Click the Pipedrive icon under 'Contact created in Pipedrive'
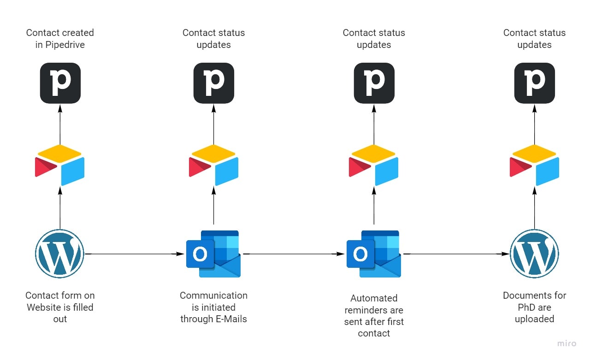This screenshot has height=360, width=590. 60,83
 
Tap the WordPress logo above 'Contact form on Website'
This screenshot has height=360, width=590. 59,254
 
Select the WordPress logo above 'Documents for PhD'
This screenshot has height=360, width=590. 534,254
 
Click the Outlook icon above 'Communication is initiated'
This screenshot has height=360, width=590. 213,254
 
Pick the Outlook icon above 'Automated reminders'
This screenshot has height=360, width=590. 373,254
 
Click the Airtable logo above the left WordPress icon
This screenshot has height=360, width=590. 60,165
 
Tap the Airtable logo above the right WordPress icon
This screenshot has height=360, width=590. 534,165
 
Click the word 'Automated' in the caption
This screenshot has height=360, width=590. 374,298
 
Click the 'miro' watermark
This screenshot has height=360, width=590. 567,343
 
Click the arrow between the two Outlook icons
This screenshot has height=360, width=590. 295,254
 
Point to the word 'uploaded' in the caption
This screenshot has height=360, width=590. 535,319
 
